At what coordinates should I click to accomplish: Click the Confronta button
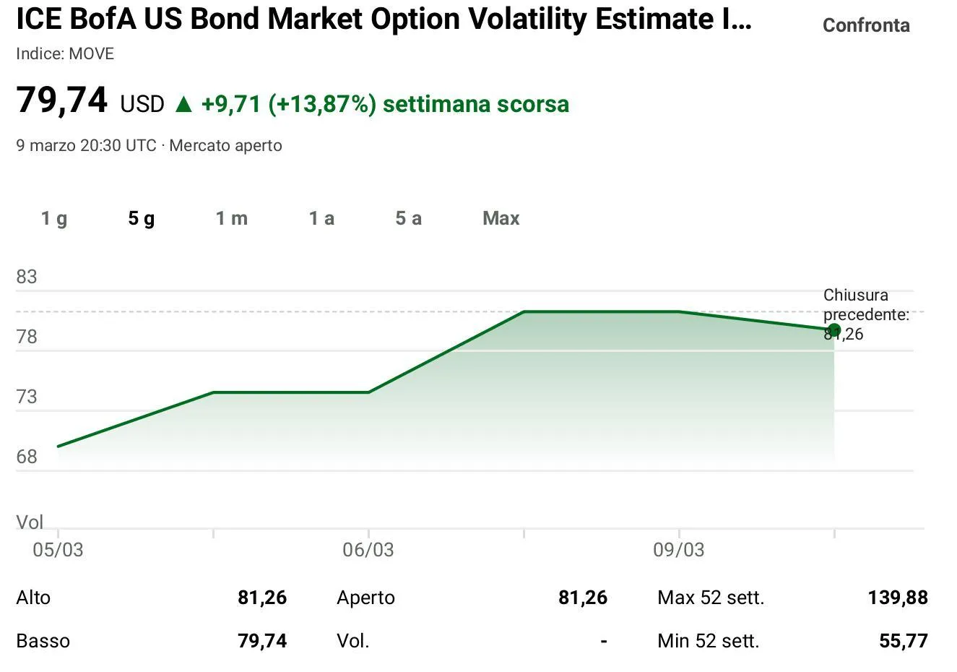click(x=865, y=25)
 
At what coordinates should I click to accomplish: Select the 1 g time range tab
click(x=54, y=218)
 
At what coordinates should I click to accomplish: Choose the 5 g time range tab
click(x=142, y=218)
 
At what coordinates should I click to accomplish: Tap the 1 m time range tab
click(x=231, y=218)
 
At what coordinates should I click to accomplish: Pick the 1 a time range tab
click(x=321, y=218)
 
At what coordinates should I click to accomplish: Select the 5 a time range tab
click(x=408, y=218)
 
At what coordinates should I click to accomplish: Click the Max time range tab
click(x=501, y=218)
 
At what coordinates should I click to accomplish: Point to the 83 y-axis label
click(x=27, y=277)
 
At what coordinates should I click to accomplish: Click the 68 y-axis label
click(x=27, y=457)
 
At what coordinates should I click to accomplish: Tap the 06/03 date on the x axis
click(x=368, y=550)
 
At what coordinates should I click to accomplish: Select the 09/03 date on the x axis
click(x=678, y=550)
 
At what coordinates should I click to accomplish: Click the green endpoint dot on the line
click(x=834, y=330)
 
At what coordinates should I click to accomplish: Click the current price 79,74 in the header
click(x=62, y=100)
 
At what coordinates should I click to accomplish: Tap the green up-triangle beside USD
click(x=183, y=105)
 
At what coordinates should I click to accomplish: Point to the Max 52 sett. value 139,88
click(x=898, y=598)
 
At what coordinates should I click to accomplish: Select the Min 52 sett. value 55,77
click(x=903, y=641)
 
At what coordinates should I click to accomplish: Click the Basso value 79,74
click(x=262, y=641)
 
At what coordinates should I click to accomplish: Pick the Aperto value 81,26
click(x=583, y=598)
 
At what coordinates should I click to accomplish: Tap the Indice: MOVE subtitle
click(x=65, y=54)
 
